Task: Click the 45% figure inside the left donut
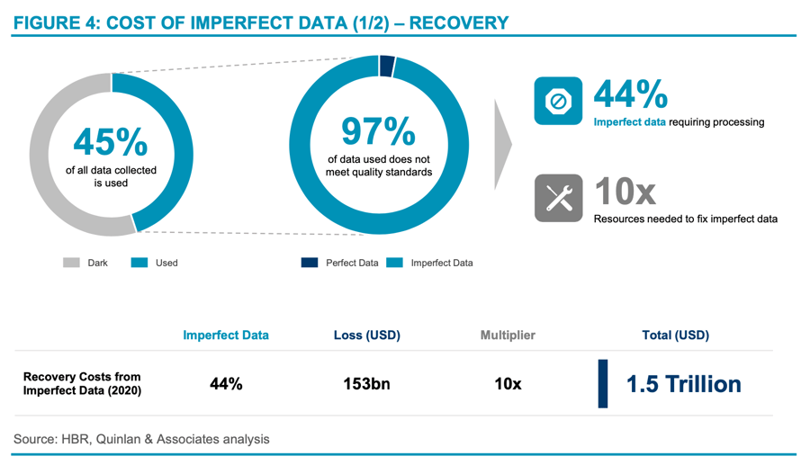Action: (111, 142)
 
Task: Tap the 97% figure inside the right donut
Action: (378, 131)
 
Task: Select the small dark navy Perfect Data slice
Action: (387, 66)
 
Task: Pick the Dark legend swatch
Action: (71, 263)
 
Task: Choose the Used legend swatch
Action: (139, 263)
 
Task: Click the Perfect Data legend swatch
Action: (309, 263)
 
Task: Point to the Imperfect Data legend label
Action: (441, 263)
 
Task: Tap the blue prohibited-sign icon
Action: (558, 101)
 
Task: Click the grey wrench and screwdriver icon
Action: (558, 198)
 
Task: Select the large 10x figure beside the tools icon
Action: (625, 191)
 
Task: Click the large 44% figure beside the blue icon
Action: (630, 94)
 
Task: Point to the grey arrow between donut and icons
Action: (503, 143)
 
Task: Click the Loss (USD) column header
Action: (366, 335)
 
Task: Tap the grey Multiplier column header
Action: (508, 335)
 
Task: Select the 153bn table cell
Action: (366, 383)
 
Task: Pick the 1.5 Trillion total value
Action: (684, 384)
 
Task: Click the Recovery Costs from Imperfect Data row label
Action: (82, 383)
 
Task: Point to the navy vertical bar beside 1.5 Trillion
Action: (603, 384)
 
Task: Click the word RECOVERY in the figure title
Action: (458, 22)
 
